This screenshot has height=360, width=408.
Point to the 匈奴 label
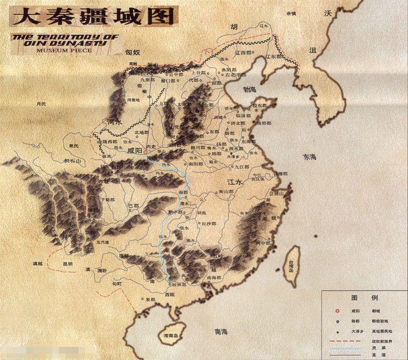(x=133, y=52)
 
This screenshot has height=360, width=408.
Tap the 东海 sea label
(x=309, y=157)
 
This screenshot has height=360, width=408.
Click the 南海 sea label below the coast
(x=221, y=331)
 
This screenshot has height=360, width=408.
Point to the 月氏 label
(x=41, y=104)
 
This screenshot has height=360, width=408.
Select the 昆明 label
(x=67, y=264)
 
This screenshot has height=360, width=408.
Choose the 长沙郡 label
(x=208, y=224)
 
